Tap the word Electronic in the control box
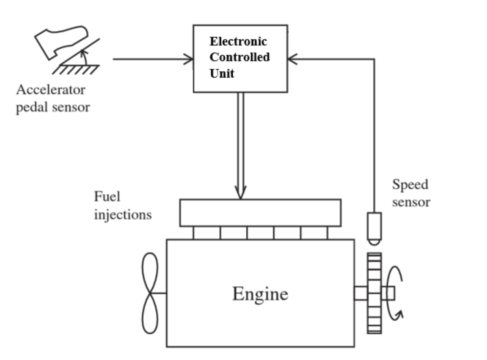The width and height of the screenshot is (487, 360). coord(238,42)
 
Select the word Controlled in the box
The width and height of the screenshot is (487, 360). coord(239,57)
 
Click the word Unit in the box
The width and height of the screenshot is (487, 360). coord(222,73)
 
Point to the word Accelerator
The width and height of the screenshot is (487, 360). coord(51,90)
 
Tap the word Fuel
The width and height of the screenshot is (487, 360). coord(107,196)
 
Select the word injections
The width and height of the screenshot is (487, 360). coord(122,215)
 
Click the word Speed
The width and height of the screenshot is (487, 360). coord(410,184)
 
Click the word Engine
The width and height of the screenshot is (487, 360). coord(260,294)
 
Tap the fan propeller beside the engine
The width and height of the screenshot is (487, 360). coord(150,293)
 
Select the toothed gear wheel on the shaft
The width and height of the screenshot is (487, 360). coord(374,293)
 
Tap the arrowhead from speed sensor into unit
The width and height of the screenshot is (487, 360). coord(292,60)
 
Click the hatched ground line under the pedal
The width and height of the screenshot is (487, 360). coord(76,69)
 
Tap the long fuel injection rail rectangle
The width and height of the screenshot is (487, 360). coord(260,213)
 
